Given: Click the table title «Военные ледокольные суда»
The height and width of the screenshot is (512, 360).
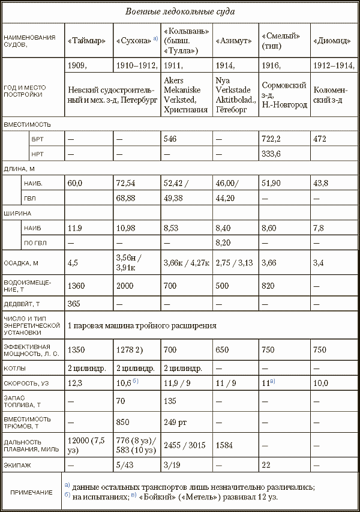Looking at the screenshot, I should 180,12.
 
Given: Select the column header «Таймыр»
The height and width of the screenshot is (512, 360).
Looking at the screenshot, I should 87,41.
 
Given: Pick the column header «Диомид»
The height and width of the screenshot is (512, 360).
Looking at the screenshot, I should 330,41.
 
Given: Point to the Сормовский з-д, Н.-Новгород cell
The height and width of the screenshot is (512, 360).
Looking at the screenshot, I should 284,95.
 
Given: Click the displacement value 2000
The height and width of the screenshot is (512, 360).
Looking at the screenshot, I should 125,285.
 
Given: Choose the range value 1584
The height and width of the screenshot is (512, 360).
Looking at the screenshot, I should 224,445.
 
